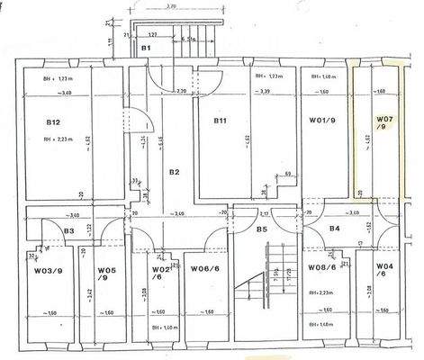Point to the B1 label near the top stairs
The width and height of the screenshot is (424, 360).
click(145, 47)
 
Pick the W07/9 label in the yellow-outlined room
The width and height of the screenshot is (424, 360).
click(385, 123)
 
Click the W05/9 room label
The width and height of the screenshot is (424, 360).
click(108, 273)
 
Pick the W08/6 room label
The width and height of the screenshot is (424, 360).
click(321, 268)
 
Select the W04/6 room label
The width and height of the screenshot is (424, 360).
click(385, 270)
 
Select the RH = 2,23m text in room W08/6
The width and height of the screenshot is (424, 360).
click(321, 293)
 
